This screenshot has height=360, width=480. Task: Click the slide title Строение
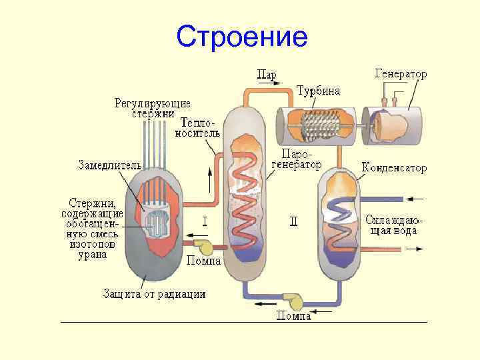pos(242,37)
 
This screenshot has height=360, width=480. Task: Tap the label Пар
pos(267,73)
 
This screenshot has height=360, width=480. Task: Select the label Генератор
pos(401,73)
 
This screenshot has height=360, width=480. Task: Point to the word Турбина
pos(318,90)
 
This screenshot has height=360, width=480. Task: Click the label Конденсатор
pos(394,168)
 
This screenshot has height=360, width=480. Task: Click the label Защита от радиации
pos(154,293)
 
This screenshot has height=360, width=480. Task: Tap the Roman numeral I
pos(205,219)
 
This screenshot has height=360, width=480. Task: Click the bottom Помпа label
pos(294,317)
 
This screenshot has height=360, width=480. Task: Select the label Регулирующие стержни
pos(153,109)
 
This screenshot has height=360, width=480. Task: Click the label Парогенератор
pos(296,159)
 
